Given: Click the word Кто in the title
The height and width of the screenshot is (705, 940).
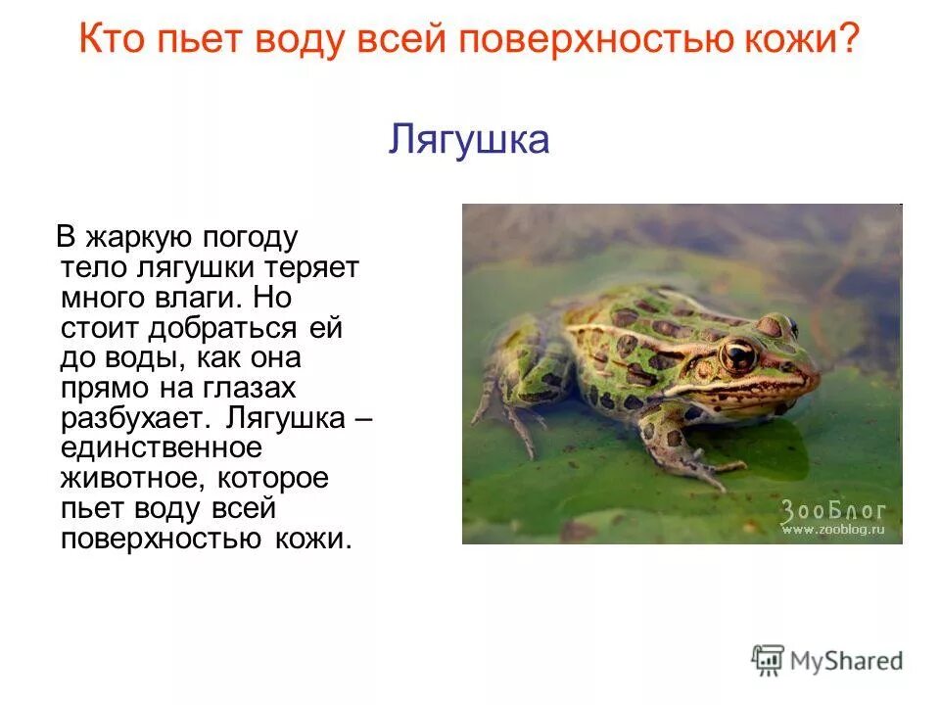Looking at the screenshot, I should (x=111, y=41).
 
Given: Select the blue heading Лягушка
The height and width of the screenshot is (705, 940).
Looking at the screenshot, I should (x=469, y=140).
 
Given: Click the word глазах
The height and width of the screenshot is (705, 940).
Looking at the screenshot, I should (x=246, y=389).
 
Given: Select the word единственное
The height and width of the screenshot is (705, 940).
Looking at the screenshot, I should (x=162, y=449).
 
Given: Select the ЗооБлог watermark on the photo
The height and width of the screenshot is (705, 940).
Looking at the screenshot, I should (x=832, y=510).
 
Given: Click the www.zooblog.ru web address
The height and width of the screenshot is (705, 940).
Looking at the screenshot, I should (x=832, y=530).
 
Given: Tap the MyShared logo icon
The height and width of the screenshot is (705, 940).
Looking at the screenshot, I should (x=768, y=660).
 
